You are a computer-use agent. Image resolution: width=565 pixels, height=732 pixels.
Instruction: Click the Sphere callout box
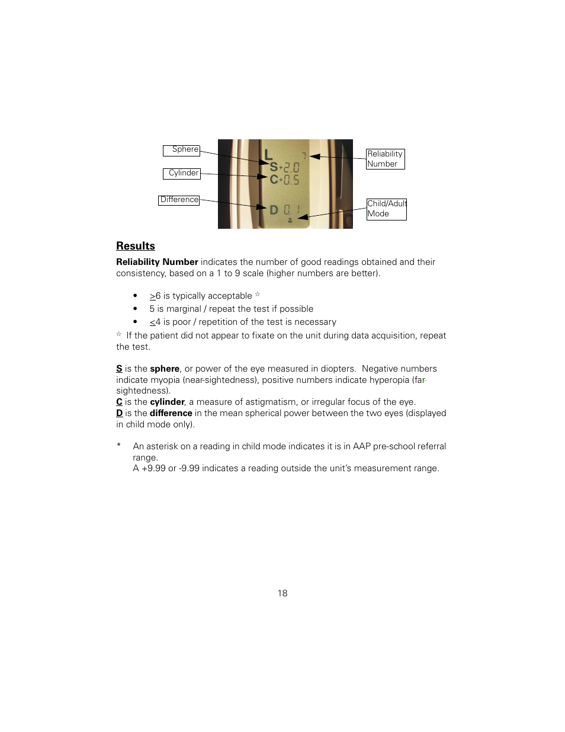click(181, 151)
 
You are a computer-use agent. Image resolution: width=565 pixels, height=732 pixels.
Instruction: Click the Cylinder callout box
click(182, 174)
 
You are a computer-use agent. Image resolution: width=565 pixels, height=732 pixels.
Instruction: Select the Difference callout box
click(179, 200)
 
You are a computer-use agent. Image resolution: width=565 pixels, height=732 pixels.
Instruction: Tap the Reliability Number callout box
click(385, 159)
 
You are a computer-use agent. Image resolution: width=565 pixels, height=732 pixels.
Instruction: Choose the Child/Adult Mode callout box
click(386, 209)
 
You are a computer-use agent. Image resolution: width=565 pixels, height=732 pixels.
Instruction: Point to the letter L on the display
click(268, 155)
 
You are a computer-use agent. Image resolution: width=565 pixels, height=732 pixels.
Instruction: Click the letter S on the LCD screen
click(274, 167)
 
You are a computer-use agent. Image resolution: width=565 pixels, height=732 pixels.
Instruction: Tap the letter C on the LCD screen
click(274, 179)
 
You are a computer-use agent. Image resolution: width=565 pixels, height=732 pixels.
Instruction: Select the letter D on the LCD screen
click(274, 210)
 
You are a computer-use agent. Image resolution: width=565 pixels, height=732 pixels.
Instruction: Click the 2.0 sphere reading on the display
click(291, 168)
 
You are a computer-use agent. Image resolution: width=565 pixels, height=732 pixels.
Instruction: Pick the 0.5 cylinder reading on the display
click(291, 180)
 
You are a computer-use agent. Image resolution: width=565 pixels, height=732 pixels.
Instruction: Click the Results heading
click(136, 246)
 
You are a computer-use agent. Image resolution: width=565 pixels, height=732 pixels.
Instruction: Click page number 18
click(282, 593)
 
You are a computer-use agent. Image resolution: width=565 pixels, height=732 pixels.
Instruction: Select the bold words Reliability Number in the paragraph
click(157, 262)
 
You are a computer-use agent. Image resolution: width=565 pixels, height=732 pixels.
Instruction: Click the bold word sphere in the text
click(165, 369)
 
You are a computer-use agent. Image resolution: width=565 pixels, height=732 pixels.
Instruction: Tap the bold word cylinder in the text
click(167, 402)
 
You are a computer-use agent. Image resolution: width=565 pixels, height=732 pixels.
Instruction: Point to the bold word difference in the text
click(171, 413)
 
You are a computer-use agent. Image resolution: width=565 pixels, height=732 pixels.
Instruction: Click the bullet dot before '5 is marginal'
click(135, 309)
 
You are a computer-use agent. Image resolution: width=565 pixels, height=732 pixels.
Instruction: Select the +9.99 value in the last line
click(153, 468)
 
